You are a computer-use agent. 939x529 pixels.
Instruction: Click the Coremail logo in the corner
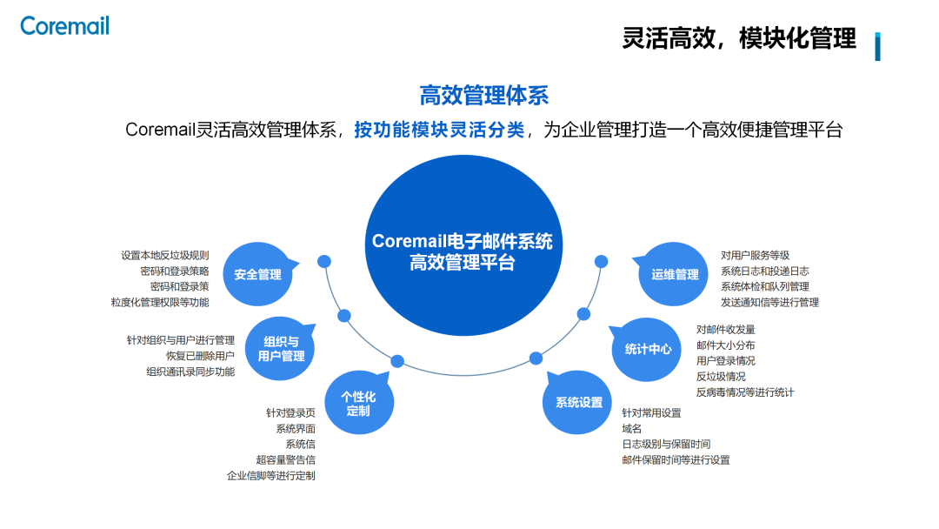(64, 25)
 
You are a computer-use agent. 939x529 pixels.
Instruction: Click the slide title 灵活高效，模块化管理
(739, 39)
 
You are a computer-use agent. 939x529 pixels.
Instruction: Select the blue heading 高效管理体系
(483, 95)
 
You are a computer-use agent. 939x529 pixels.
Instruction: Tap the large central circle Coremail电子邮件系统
(462, 251)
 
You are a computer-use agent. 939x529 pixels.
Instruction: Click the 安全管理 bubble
(257, 274)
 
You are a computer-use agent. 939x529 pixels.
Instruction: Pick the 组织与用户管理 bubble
(281, 349)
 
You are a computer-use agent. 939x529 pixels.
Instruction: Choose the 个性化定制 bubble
(357, 403)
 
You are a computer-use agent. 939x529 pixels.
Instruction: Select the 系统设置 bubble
(578, 402)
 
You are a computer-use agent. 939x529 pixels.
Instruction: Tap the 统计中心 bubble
(648, 349)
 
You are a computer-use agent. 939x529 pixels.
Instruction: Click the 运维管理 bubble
(674, 274)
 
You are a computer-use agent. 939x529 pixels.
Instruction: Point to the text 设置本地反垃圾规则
(165, 255)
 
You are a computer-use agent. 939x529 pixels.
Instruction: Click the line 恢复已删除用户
(200, 356)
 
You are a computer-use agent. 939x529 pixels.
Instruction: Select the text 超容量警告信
(285, 459)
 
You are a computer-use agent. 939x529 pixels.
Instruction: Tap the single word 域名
(632, 428)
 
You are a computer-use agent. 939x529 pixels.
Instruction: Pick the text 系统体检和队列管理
(764, 286)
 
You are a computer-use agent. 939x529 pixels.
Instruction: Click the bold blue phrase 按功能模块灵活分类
(439, 131)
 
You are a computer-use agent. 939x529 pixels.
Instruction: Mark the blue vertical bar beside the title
(877, 46)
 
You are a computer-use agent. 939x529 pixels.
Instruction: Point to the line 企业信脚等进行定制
(270, 475)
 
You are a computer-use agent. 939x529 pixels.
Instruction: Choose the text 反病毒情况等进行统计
(744, 392)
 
